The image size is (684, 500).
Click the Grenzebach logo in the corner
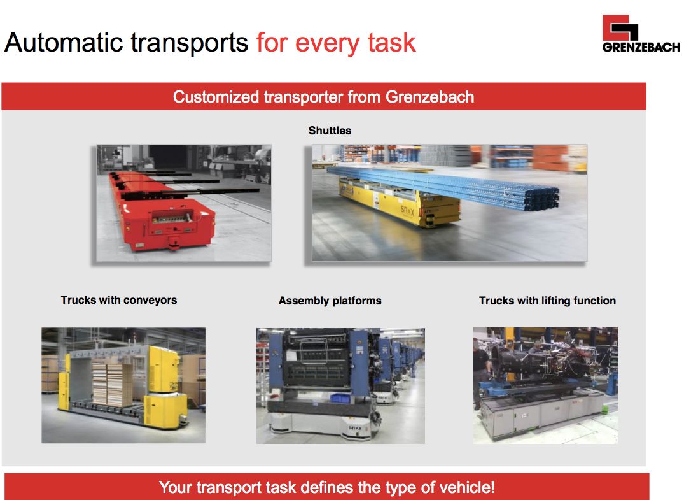coord(641,34)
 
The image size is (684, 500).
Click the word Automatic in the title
coord(64,43)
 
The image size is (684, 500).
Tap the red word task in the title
coord(392,43)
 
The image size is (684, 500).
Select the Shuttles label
coord(330,131)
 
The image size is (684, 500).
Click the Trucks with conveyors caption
coord(118,300)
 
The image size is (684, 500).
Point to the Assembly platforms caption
coord(330,301)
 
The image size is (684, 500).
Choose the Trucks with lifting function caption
coord(547,301)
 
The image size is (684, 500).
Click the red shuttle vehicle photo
coord(184,203)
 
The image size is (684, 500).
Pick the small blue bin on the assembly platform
coord(340,398)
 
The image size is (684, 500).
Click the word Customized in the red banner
coord(216,97)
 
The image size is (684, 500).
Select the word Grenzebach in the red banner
coord(429,97)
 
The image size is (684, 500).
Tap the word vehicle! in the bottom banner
coord(466,487)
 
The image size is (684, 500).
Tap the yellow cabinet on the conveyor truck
coord(164,369)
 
